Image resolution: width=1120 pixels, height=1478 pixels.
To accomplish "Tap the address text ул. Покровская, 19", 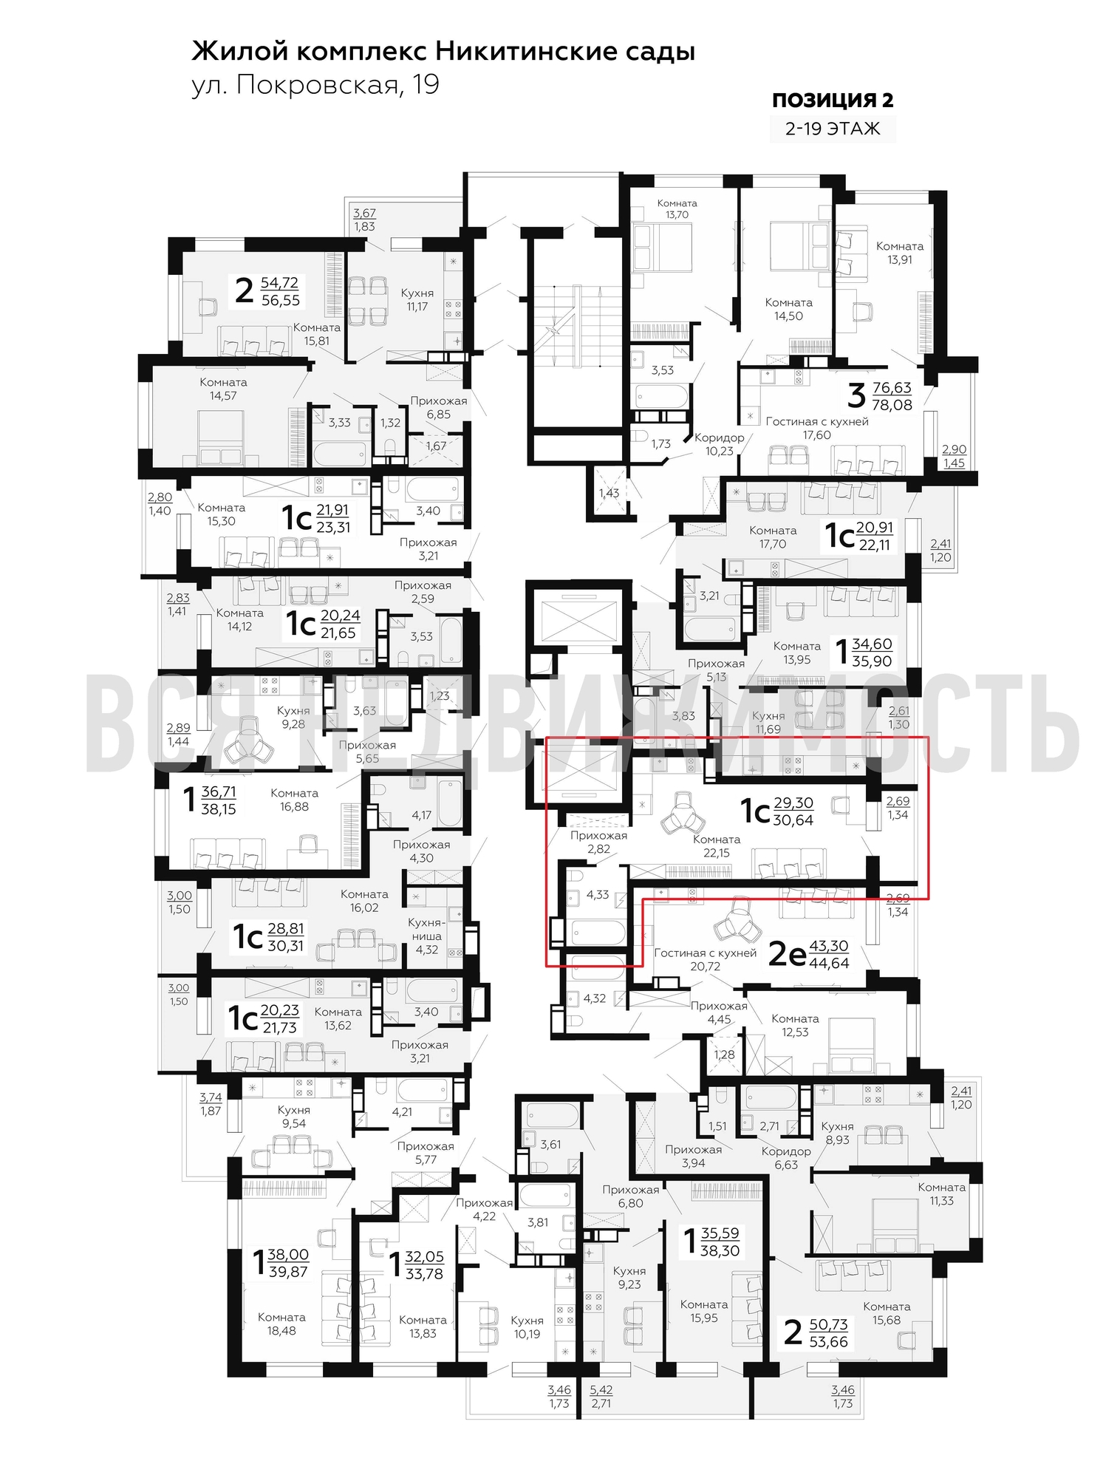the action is click(x=315, y=85).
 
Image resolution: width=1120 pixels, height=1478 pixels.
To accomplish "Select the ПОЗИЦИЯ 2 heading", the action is click(x=833, y=101).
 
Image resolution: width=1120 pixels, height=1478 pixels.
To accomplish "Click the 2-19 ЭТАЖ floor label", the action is click(x=833, y=129).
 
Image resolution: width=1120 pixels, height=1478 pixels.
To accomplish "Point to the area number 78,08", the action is click(x=892, y=405).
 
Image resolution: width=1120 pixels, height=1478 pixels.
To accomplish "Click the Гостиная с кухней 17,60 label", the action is click(x=817, y=429).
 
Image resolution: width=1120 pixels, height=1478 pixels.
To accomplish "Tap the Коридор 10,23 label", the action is click(x=720, y=444).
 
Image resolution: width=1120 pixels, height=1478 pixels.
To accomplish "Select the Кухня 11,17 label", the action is click(x=417, y=300).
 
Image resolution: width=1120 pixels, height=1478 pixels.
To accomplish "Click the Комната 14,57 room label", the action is click(x=223, y=389).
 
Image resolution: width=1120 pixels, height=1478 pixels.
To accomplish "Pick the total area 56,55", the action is click(x=281, y=301).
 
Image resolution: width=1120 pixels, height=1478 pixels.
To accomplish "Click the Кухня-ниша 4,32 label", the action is click(x=427, y=936).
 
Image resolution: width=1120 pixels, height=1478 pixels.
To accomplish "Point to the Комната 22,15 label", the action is click(x=717, y=846).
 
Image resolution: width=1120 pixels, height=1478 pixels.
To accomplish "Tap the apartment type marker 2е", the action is click(x=788, y=954).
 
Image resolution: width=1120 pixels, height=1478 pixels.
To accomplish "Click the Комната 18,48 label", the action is click(x=281, y=1324).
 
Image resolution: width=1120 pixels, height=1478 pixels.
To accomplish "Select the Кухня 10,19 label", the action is click(x=527, y=1327).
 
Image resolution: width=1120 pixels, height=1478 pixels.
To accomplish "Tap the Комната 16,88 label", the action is click(x=294, y=800).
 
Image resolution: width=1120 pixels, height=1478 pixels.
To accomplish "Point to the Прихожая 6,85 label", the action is click(x=439, y=408).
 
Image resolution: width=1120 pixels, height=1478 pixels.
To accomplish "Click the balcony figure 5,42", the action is click(x=601, y=1390).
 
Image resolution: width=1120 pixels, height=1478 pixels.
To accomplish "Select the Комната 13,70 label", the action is click(x=677, y=209).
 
